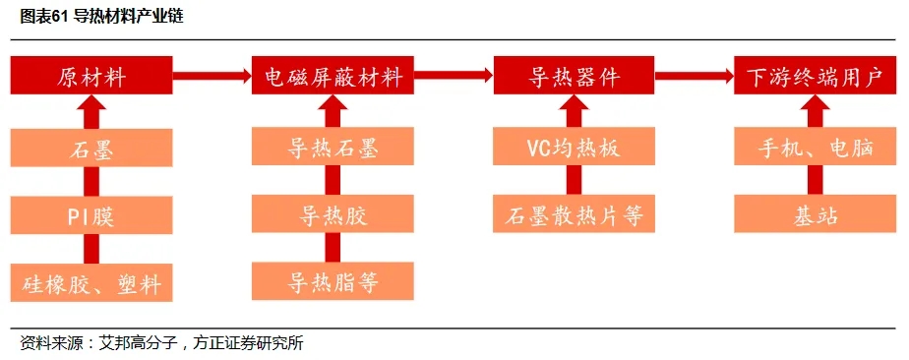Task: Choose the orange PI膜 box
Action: pyautogui.click(x=92, y=215)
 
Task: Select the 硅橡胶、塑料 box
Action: pyautogui.click(x=92, y=283)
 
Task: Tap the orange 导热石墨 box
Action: pyautogui.click(x=333, y=149)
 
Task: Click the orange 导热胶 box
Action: pyautogui.click(x=333, y=215)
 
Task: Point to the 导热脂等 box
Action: pyautogui.click(x=333, y=283)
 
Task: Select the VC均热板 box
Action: pyautogui.click(x=574, y=149)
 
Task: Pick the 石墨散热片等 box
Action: pyautogui.click(x=574, y=215)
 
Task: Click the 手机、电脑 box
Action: pyautogui.click(x=815, y=149)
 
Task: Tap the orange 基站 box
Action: pyautogui.click(x=815, y=215)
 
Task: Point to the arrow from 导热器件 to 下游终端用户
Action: pyautogui.click(x=695, y=74)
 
